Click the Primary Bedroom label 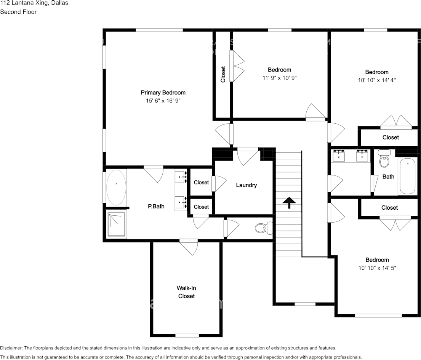tap(163, 92)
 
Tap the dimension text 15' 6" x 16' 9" tap(163, 101)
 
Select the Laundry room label tap(246, 185)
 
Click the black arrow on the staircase tap(289, 202)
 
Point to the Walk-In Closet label tap(186, 292)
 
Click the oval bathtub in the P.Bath tap(116, 187)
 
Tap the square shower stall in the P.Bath tap(117, 225)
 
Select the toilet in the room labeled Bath tap(384, 159)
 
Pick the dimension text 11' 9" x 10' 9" tap(279, 78)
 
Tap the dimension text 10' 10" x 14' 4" tap(377, 80)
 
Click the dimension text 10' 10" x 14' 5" tap(377, 268)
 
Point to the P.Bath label tap(156, 207)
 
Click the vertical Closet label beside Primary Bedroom tap(223, 74)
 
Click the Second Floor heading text tap(18, 12)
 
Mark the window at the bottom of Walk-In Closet tap(187, 335)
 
